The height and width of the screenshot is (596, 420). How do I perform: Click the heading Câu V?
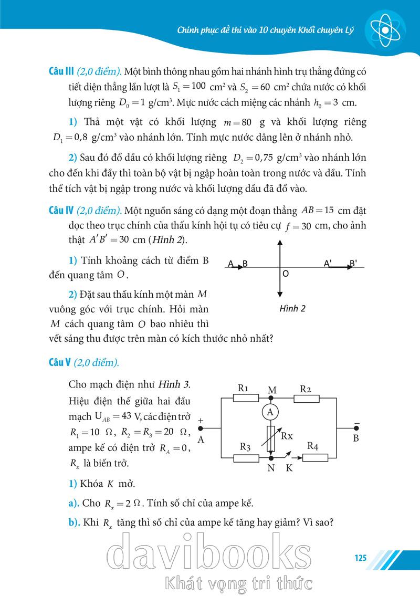[x=59, y=363]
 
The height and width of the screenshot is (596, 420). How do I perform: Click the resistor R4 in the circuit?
[x=316, y=457]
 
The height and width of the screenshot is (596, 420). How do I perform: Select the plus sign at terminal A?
[x=200, y=420]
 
